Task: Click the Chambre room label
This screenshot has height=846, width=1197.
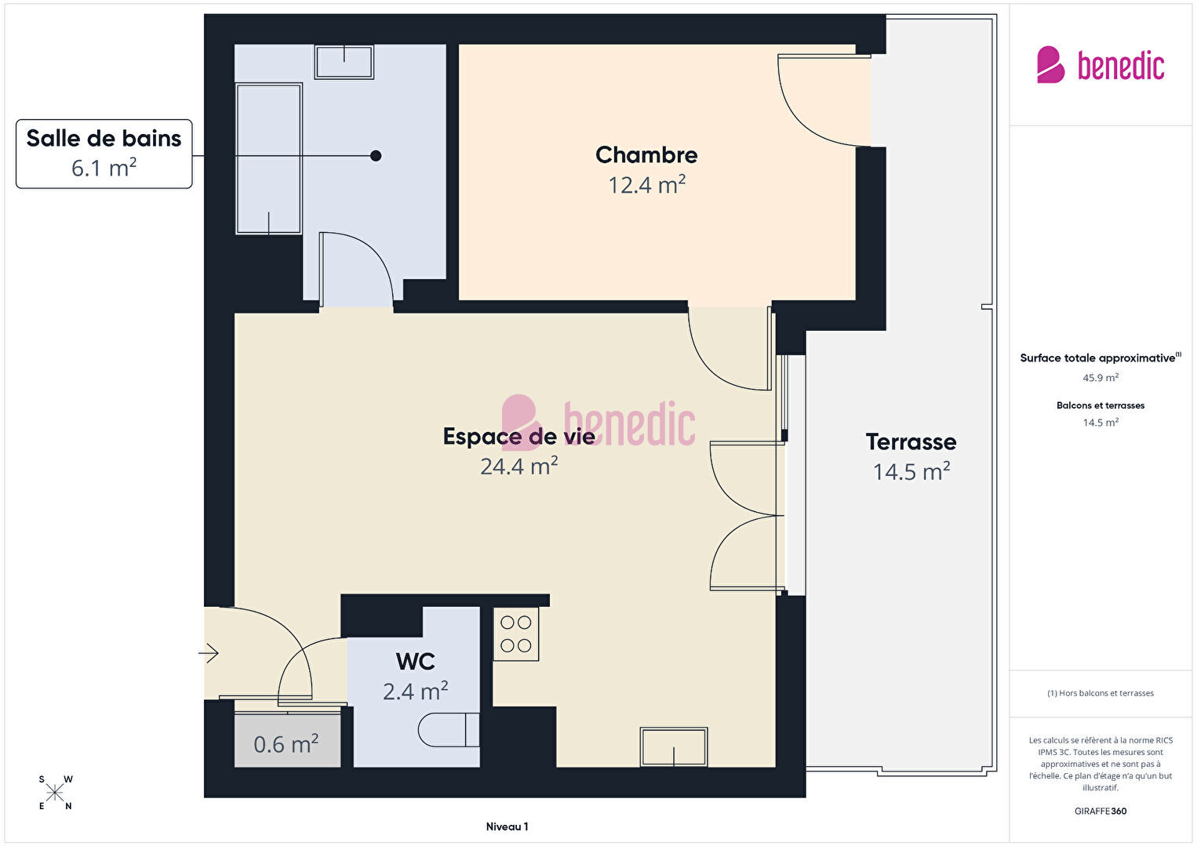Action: [646, 155]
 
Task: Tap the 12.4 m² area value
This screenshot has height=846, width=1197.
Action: [646, 185]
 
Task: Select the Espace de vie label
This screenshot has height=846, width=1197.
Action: [518, 437]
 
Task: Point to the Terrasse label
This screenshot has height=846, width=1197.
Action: [911, 441]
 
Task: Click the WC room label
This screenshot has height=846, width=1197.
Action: [415, 662]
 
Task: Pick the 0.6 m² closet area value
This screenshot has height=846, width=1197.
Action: [286, 744]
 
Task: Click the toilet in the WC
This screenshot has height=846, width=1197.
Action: [449, 730]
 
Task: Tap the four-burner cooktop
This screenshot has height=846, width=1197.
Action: [515, 634]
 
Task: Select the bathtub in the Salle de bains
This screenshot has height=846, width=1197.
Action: [269, 158]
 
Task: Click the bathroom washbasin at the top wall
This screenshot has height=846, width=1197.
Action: [344, 62]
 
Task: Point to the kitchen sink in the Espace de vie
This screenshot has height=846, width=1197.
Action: [674, 746]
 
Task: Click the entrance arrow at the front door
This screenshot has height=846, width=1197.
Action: [209, 652]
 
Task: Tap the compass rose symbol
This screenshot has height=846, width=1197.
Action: [55, 793]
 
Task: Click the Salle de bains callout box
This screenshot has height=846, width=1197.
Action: [104, 154]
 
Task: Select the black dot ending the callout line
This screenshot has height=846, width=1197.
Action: [376, 156]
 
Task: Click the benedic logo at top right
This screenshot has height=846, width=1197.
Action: [1101, 64]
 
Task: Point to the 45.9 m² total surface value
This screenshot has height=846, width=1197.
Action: [1101, 378]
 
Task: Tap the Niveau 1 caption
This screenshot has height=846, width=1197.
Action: [508, 826]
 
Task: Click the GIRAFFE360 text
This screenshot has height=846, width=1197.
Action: [1101, 811]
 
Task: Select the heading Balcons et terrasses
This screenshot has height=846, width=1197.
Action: [1101, 405]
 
